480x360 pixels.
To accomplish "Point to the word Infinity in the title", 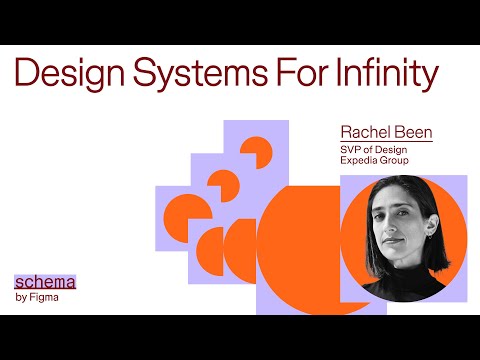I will click(x=385, y=76).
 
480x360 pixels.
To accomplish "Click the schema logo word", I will click(x=45, y=282).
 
